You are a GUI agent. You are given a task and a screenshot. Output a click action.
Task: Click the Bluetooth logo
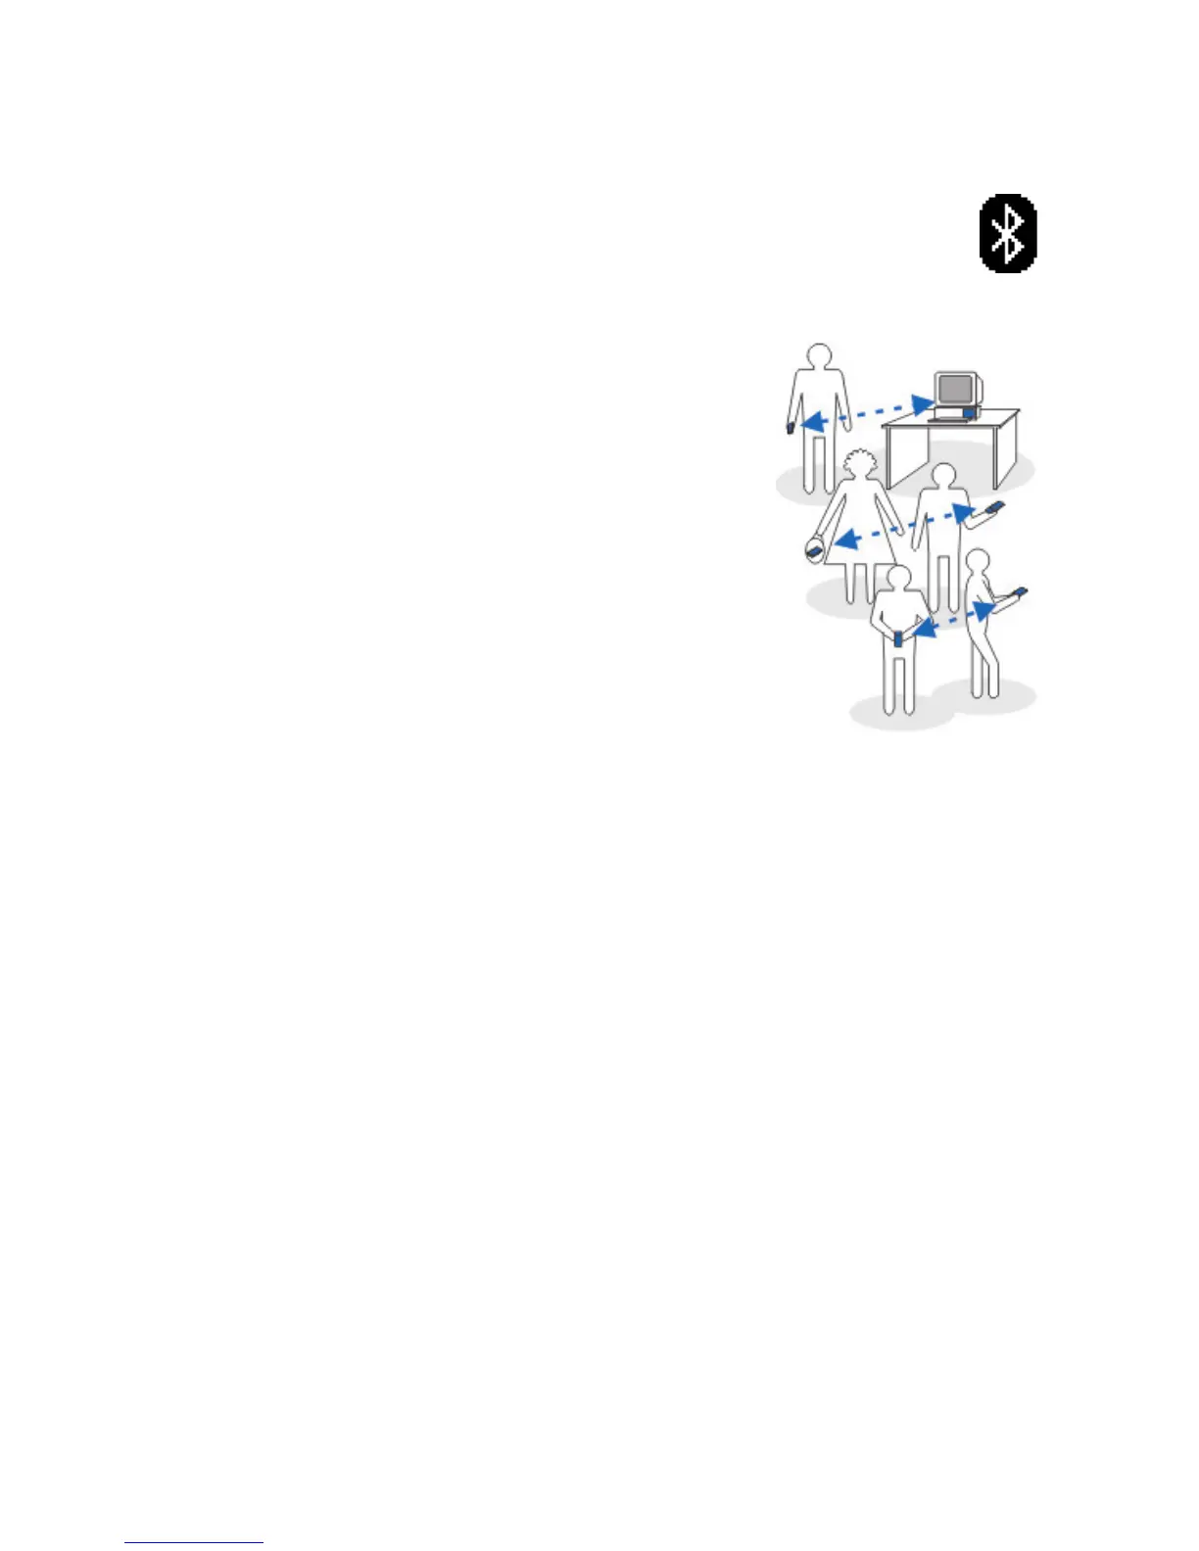pos(1008,233)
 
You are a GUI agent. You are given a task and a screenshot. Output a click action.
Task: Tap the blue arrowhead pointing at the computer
pos(922,402)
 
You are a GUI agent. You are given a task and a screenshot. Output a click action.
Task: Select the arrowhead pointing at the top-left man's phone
pos(809,422)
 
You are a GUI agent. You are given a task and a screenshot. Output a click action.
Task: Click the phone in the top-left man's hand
pos(790,427)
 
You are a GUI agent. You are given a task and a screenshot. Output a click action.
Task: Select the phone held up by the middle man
pos(995,507)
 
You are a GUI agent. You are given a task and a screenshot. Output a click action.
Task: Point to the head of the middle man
pos(942,478)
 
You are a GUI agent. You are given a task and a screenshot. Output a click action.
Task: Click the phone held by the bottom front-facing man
pos(899,638)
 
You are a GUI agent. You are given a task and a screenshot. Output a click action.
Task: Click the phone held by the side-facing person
pos(1020,592)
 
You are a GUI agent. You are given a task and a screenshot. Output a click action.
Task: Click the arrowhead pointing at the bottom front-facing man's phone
pos(920,632)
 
